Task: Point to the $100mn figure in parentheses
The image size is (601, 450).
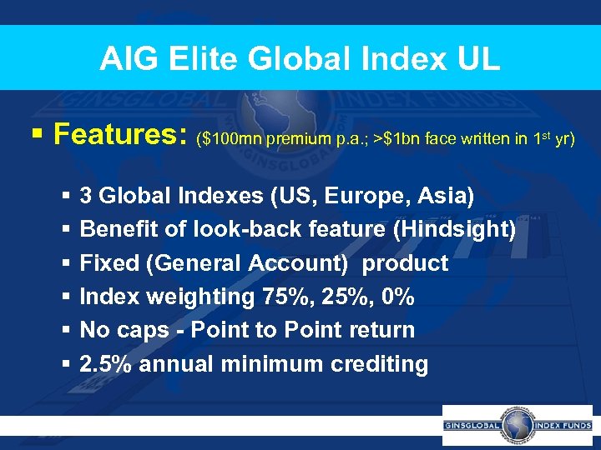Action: pyautogui.click(x=230, y=138)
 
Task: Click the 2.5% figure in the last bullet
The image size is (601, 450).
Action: pyautogui.click(x=106, y=364)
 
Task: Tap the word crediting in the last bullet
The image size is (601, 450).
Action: pyautogui.click(x=378, y=364)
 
